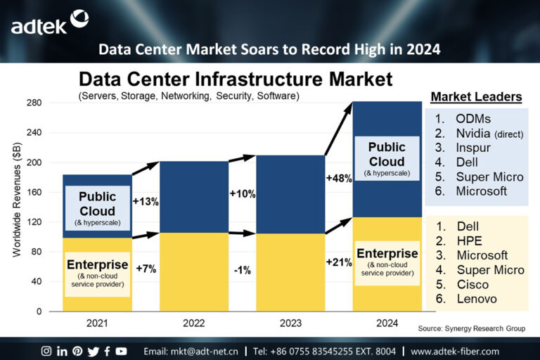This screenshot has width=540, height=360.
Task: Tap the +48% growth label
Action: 339,179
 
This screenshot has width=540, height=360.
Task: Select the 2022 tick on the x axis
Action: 193,323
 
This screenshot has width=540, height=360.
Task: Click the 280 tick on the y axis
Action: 34,103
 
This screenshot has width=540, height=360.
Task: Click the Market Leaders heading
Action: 476,96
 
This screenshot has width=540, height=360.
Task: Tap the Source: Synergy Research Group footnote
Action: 470,328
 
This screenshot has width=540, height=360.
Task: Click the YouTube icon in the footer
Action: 121,351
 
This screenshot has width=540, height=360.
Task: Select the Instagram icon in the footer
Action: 46,351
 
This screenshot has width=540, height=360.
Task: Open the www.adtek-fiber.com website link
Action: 454,351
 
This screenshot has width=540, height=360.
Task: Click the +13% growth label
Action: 146,201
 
